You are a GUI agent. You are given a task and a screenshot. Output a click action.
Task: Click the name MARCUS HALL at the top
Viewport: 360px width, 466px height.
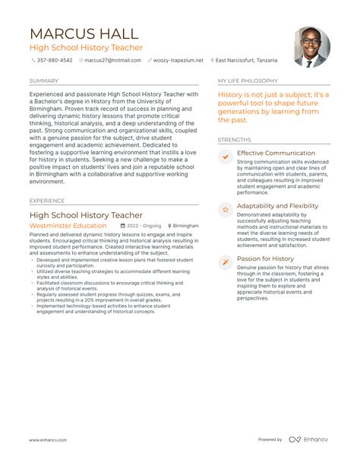click(84, 34)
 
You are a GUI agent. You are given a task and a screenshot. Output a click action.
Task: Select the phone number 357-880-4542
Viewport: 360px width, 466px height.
click(55, 60)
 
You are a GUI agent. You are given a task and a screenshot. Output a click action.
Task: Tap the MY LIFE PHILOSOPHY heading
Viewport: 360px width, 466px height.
click(248, 81)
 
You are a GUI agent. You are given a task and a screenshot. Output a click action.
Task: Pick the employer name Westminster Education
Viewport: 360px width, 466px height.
click(68, 226)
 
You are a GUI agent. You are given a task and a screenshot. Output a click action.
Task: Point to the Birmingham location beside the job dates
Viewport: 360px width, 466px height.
click(185, 226)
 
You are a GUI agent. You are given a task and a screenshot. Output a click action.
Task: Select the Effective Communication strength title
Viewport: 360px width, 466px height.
click(276, 153)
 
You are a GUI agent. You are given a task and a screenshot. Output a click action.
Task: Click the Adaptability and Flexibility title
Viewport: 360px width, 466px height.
click(277, 206)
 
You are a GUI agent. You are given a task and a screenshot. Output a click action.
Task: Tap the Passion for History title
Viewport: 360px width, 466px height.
click(265, 258)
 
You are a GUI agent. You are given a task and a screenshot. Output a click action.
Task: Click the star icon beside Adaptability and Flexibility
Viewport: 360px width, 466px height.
click(225, 209)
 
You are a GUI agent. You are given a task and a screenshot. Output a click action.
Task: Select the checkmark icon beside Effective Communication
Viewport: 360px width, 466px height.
click(225, 157)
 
